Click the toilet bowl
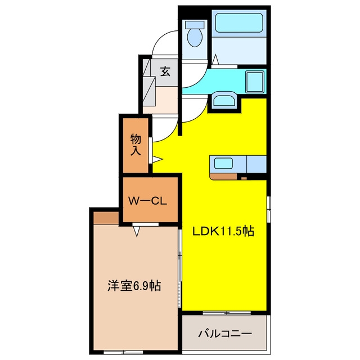tap(195, 38)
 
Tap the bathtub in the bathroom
tap(238, 22)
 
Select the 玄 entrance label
tap(165, 71)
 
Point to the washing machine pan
tap(255, 82)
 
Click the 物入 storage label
tap(136, 145)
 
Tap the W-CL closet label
tap(147, 201)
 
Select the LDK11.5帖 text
tap(223, 231)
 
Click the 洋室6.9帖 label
tap(134, 286)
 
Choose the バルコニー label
tap(225, 333)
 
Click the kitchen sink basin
tap(223, 163)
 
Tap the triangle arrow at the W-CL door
tap(137, 231)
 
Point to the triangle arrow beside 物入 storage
tap(157, 159)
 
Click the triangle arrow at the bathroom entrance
tap(215, 60)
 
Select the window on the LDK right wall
tap(269, 209)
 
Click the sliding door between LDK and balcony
tap(227, 313)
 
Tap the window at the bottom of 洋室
tap(123, 352)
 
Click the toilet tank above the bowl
tap(195, 25)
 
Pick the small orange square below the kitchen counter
tap(244, 178)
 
